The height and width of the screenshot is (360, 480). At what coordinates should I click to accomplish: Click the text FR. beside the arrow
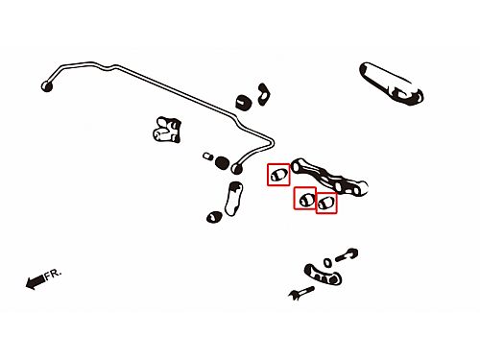coord(53,275)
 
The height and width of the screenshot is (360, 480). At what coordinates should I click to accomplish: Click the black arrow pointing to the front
coord(36,281)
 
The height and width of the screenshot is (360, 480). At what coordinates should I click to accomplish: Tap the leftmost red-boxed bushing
coord(278,175)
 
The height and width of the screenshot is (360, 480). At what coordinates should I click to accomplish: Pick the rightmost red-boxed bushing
coord(326,203)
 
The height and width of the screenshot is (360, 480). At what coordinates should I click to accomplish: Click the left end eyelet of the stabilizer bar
coord(47,86)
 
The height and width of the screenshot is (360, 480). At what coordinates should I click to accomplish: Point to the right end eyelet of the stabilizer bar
coord(237,168)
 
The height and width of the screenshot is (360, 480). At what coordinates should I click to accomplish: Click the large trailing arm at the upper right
coord(392,84)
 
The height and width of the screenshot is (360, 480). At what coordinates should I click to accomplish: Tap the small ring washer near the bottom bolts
coord(327,263)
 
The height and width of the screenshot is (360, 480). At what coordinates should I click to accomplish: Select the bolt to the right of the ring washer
coord(347,255)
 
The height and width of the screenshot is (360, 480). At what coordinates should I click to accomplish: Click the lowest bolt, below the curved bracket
coord(300,293)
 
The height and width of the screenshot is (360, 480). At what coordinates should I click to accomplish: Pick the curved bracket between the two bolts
coord(323,275)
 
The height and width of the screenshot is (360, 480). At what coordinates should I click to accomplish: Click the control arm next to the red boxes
coord(329,177)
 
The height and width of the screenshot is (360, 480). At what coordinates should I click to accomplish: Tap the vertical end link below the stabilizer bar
coord(233,199)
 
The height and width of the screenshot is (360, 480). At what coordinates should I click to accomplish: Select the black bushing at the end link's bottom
coord(214,217)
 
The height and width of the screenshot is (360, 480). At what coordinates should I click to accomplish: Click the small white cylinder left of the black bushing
coord(208,156)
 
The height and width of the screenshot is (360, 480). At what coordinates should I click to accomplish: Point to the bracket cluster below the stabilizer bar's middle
coord(167,130)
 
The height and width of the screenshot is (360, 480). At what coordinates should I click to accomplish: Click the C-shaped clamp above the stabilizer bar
coord(264,94)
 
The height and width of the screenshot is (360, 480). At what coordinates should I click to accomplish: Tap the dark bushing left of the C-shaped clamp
coord(244,102)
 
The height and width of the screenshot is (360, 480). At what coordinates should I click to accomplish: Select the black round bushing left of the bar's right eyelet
coord(222,163)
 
